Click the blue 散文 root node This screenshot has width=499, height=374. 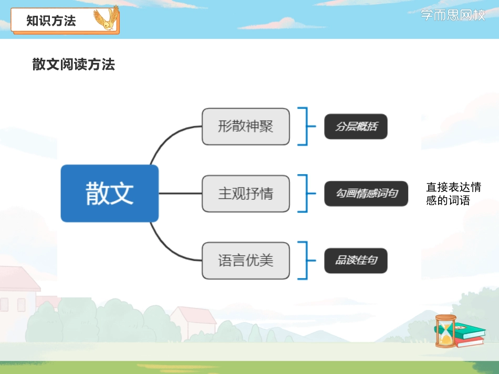pyautogui.click(x=109, y=193)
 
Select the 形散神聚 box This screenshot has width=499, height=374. pyautogui.click(x=245, y=126)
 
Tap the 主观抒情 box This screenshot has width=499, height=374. pyautogui.click(x=245, y=194)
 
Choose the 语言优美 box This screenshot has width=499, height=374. pyautogui.click(x=245, y=260)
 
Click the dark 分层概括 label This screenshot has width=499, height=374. pyautogui.click(x=356, y=126)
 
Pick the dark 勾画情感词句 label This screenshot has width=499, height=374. pyautogui.click(x=366, y=194)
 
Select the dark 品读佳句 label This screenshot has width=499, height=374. pyautogui.click(x=356, y=260)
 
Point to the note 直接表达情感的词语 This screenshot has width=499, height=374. pyautogui.click(x=453, y=194)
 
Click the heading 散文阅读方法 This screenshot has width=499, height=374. pyautogui.click(x=74, y=65)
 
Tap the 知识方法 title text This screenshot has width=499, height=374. pyautogui.click(x=51, y=20)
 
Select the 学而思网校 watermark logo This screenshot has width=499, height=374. pyautogui.click(x=453, y=15)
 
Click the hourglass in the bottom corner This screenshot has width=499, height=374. pyautogui.click(x=445, y=330)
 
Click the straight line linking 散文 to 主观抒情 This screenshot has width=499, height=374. pyautogui.click(x=180, y=194)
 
